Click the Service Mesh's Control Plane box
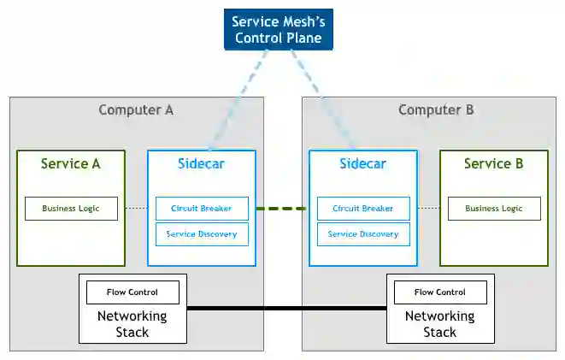[x=278, y=30]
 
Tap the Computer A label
[x=136, y=110]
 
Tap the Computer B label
[x=436, y=110]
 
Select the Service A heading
[x=71, y=164]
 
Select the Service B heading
[x=494, y=164]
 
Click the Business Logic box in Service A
[x=71, y=209]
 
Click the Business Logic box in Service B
[x=494, y=209]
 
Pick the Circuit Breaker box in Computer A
[x=202, y=209]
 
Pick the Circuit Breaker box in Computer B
[x=363, y=209]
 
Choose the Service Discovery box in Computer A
[x=202, y=234]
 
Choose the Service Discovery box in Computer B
[x=363, y=234]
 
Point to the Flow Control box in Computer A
[x=132, y=292]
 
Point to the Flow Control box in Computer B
[x=440, y=292]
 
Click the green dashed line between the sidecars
[x=282, y=209]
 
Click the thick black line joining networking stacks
[x=287, y=308]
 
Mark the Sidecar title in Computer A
[x=201, y=164]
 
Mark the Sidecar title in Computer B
[x=363, y=164]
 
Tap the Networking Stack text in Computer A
[x=132, y=324]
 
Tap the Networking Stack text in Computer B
[x=440, y=324]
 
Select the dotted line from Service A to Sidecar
[x=136, y=208]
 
